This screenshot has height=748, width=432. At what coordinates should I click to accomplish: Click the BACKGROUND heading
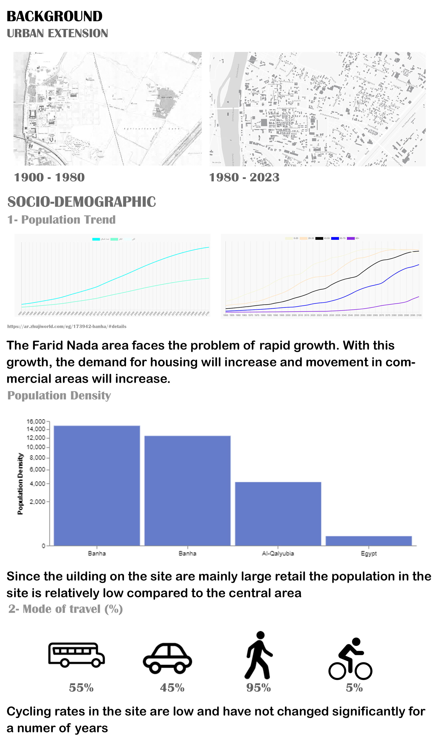[x=55, y=16]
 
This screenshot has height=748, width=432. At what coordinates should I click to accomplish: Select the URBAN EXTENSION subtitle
[x=57, y=34]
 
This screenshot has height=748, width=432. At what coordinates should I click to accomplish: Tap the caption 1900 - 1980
[x=49, y=178]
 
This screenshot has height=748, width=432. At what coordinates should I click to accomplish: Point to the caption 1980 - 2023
[x=244, y=178]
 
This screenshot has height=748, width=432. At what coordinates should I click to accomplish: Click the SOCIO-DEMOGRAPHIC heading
[x=82, y=202]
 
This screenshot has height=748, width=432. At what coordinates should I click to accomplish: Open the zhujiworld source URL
[x=67, y=327]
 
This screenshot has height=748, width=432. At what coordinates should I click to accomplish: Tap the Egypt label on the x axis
[x=369, y=554]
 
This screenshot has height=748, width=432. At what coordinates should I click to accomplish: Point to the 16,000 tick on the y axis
[x=36, y=421]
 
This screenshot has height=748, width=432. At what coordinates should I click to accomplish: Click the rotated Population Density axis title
[x=20, y=484]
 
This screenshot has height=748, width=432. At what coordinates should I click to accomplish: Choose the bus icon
[x=76, y=655]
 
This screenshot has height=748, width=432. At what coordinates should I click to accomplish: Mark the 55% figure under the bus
[x=81, y=688]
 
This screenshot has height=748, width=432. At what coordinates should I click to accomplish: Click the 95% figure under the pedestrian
[x=259, y=688]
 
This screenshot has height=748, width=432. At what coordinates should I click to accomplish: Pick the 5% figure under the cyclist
[x=354, y=688]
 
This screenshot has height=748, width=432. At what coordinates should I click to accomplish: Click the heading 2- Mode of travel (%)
[x=65, y=609]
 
